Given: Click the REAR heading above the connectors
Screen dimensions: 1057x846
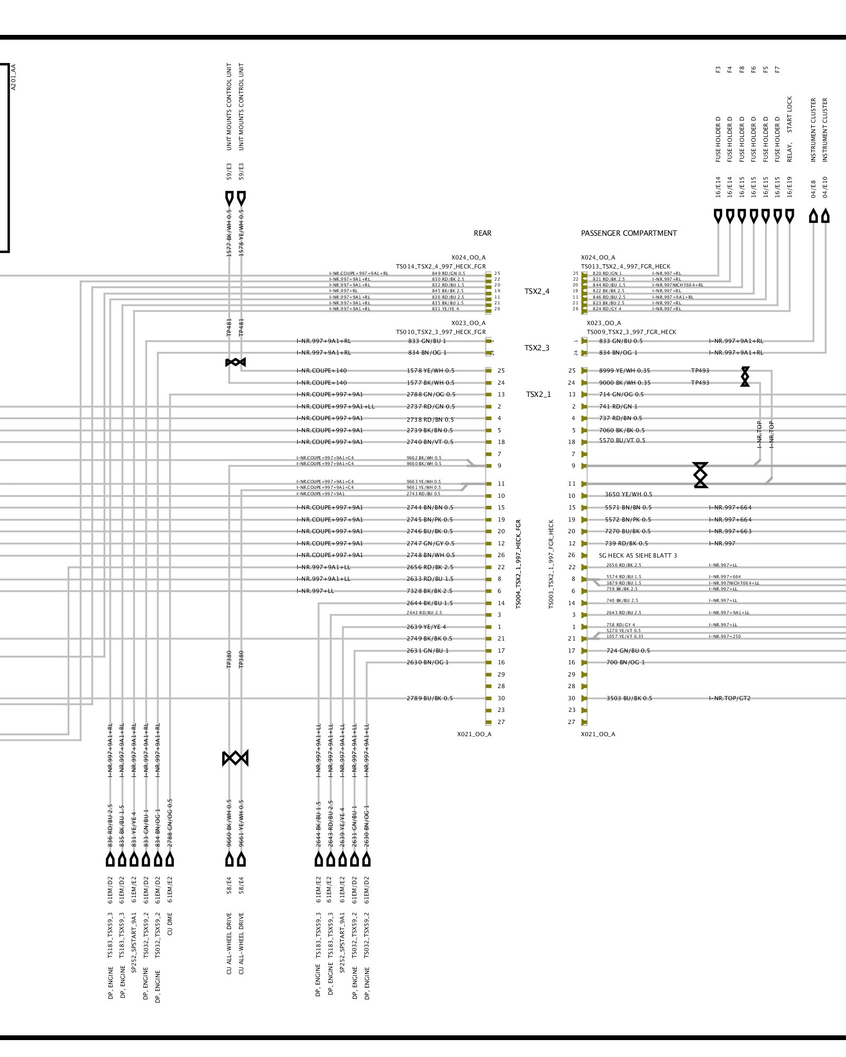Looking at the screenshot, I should click(482, 233).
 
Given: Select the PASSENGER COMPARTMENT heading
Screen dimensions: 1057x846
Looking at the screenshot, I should click(629, 233).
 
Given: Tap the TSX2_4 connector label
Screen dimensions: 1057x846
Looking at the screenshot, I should click(537, 291).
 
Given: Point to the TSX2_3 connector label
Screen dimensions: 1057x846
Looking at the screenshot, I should click(537, 348).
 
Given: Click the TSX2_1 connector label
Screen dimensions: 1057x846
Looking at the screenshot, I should click(538, 394).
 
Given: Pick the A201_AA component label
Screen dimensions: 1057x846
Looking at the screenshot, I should click(14, 77).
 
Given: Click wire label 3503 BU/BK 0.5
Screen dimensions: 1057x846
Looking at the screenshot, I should click(629, 698).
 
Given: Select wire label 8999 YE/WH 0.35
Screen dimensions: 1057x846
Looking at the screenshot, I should click(624, 370).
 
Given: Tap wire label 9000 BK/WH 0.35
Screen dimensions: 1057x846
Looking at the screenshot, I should click(624, 383).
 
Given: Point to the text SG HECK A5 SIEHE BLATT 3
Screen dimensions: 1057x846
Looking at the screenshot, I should click(638, 555).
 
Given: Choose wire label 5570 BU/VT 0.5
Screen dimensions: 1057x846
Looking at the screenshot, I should click(622, 440).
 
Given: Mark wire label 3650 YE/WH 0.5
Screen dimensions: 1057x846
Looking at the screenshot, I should click(628, 495).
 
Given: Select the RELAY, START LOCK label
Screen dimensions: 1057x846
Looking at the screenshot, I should click(790, 129).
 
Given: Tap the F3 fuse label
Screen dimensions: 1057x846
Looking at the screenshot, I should click(718, 69).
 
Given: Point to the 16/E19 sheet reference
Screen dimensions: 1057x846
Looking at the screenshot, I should click(790, 187).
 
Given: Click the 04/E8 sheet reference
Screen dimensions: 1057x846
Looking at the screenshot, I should click(814, 189).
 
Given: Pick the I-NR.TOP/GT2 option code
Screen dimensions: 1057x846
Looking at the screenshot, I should click(730, 698).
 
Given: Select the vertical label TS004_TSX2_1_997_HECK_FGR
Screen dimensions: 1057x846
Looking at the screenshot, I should click(518, 563).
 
